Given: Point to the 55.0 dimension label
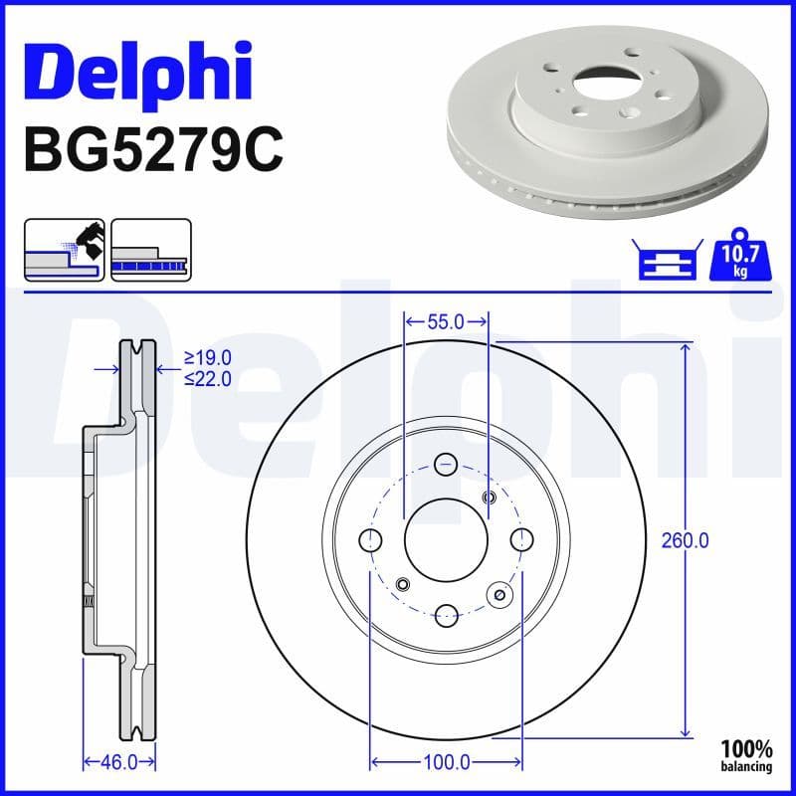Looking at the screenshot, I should (x=446, y=321).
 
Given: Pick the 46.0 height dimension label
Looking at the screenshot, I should (x=119, y=762).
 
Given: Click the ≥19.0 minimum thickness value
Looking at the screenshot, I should (x=208, y=357).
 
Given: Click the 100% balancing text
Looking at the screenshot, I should (x=746, y=755).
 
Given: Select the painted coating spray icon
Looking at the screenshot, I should (x=64, y=250).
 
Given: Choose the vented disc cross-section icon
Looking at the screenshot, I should (x=150, y=250).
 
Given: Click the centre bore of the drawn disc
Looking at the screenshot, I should (x=446, y=538).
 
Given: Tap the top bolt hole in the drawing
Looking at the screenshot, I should (x=446, y=463).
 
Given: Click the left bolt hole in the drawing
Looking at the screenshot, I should (x=371, y=539).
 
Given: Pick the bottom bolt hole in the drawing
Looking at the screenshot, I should (x=446, y=614).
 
